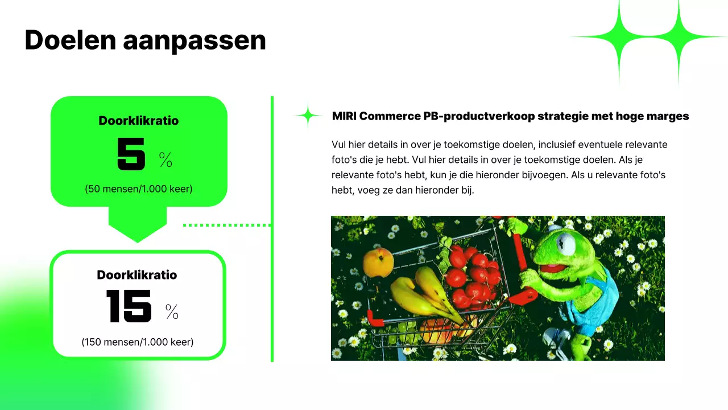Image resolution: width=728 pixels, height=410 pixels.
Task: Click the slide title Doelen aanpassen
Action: [145, 40]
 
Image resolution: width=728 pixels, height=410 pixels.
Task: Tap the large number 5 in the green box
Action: [131, 154]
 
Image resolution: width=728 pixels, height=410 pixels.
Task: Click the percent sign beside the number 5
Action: [166, 160]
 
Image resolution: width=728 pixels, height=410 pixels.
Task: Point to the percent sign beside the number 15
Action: [172, 311]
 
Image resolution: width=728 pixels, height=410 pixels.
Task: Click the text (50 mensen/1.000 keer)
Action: [139, 188]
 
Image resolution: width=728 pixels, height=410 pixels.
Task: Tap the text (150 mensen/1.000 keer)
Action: [138, 342]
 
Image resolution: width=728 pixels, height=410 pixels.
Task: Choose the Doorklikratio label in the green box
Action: [139, 121]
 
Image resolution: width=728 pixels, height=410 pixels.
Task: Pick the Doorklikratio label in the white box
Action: [137, 275]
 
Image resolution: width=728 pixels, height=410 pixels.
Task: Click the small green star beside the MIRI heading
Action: [308, 116]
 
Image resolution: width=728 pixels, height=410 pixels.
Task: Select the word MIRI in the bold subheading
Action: [344, 116]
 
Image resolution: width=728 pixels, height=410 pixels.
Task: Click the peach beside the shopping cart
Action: [378, 262]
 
